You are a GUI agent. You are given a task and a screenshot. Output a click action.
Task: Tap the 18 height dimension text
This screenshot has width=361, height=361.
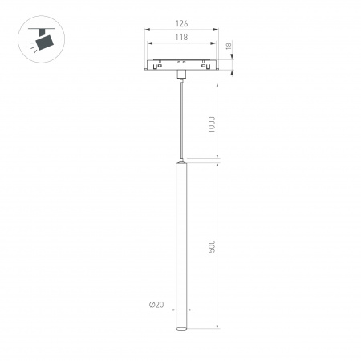pyautogui.click(x=229, y=48)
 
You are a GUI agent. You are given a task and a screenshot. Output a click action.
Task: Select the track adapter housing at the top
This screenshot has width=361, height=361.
pyautogui.click(x=180, y=66)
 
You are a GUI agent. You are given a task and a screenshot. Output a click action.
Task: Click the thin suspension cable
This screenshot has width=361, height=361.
pyautogui.click(x=180, y=120)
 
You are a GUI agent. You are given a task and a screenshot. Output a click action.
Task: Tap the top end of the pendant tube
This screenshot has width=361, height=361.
pyautogui.click(x=180, y=164)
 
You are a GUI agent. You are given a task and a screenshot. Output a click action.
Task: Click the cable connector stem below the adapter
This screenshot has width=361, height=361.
pyautogui.click(x=180, y=78)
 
